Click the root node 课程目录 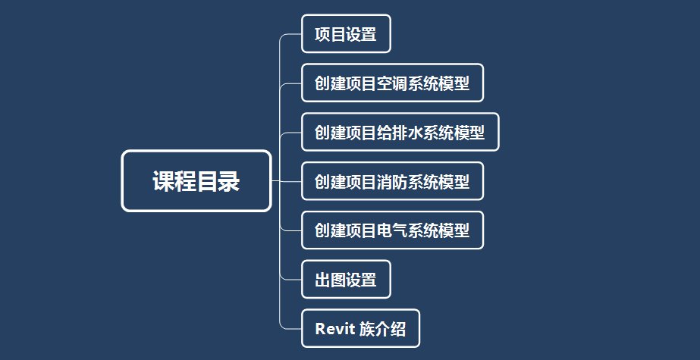coord(196,180)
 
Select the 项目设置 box coord(346,34)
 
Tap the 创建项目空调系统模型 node coord(392,83)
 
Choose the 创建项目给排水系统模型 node coord(400,132)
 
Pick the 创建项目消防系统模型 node coord(392,181)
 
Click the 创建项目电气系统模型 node coord(392,230)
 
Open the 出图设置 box coord(346,279)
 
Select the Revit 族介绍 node coord(361,328)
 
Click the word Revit coord(334,329)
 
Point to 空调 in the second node coord(392,83)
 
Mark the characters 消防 coord(392,182)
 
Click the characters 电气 coord(392,230)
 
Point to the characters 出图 coord(331,280)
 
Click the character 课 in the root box coord(163,181)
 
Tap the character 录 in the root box coord(229,181)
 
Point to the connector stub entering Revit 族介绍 coord(290,329)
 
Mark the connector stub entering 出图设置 coord(290,280)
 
